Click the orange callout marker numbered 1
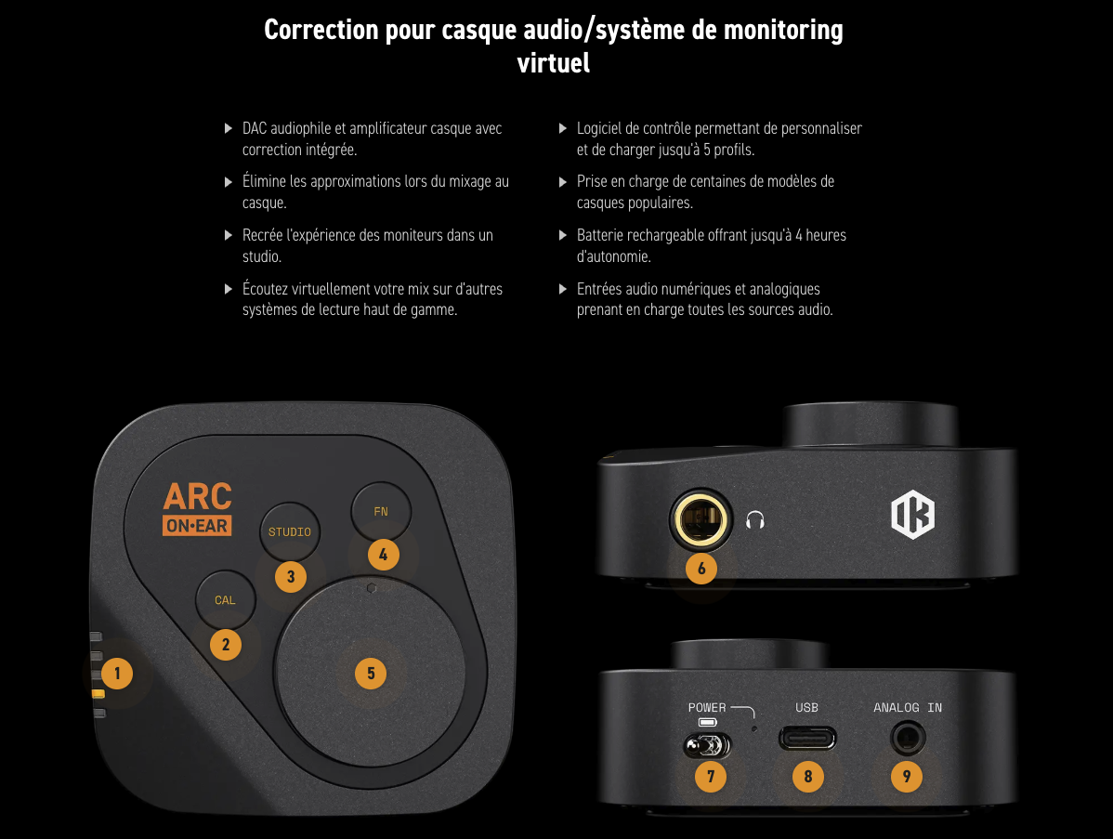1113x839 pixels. click(117, 673)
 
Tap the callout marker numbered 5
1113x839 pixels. click(371, 673)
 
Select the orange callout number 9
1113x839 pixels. click(907, 776)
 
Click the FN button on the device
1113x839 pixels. click(381, 512)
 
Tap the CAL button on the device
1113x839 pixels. click(225, 600)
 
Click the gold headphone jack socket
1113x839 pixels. click(700, 520)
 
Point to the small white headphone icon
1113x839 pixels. click(755, 520)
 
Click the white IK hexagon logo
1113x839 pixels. click(913, 514)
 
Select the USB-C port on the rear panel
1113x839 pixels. click(807, 739)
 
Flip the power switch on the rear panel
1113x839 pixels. click(706, 745)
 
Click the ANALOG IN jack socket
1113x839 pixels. click(907, 739)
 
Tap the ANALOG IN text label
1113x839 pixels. click(907, 708)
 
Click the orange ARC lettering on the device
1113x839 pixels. click(197, 496)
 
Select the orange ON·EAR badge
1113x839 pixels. click(197, 526)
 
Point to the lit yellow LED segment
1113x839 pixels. click(98, 693)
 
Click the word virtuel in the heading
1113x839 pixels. click(553, 63)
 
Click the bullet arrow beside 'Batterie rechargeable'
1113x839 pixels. click(563, 235)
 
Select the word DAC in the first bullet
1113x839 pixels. click(255, 128)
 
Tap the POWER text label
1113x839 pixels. click(707, 708)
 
